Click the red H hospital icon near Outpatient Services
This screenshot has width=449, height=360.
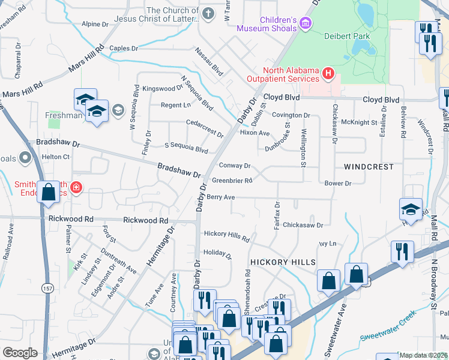[328, 74]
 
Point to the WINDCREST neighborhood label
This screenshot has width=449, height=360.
[369, 166]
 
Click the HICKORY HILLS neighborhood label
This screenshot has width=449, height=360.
[283, 263]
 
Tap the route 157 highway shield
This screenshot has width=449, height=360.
[47, 289]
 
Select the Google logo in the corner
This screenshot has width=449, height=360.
[20, 353]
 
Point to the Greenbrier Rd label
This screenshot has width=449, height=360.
[232, 180]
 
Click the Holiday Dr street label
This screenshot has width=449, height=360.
[217, 253]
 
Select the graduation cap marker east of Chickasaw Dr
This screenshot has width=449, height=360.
[411, 209]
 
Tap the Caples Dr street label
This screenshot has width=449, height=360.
[124, 48]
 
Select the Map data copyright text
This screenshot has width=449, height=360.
[424, 355]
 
